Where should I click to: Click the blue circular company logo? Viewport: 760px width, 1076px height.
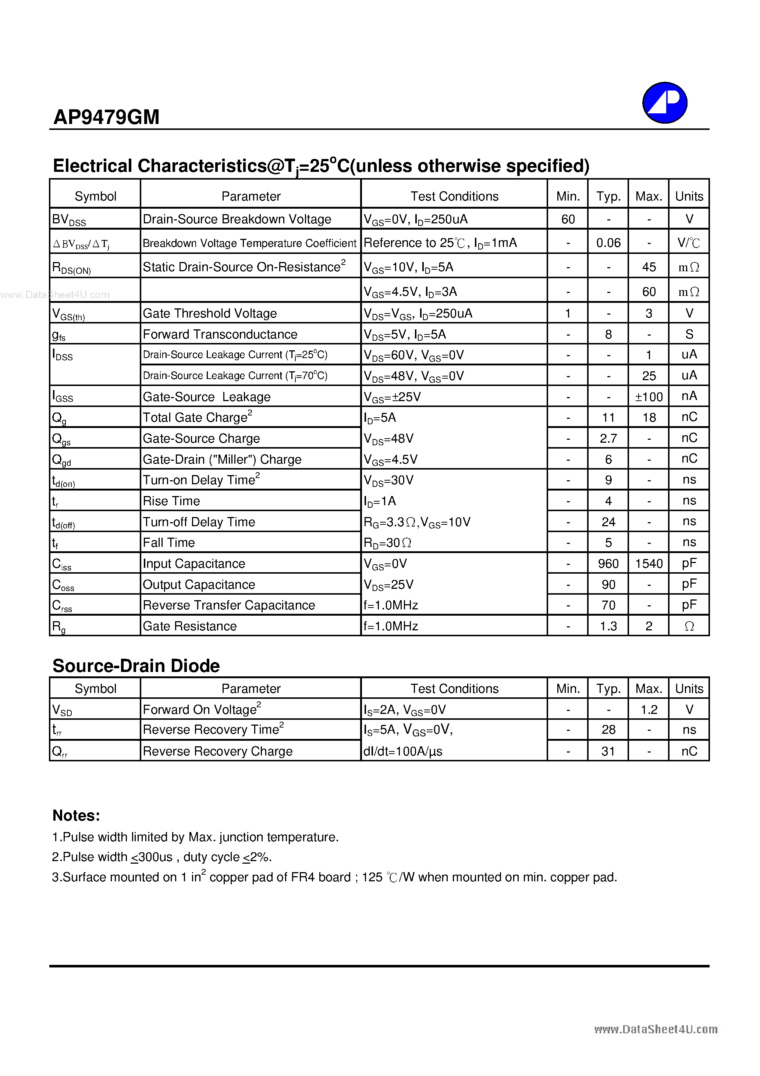pos(664,103)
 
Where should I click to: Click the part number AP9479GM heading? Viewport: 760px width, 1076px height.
pos(106,117)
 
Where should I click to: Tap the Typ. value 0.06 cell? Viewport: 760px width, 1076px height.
pos(608,243)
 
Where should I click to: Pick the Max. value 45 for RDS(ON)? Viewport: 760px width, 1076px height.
pos(649,267)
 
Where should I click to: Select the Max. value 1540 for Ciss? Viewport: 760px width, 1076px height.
pos(649,563)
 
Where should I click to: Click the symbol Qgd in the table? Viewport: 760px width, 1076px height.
pos(61,460)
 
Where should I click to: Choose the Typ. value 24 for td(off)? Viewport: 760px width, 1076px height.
pos(608,521)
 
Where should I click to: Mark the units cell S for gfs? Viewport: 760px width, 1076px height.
pos(689,334)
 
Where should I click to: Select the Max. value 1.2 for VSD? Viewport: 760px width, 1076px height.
pos(649,709)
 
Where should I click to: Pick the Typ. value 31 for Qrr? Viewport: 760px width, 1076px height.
pos(608,751)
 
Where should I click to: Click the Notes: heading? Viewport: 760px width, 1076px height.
pos(76,815)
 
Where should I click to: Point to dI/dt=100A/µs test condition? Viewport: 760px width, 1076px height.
pos(402,751)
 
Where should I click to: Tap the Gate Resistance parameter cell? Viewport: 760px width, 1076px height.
pos(190,626)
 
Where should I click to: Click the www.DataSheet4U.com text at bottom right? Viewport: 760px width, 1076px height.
pos(656,1029)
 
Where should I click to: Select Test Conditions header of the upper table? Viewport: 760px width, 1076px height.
pos(454,196)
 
